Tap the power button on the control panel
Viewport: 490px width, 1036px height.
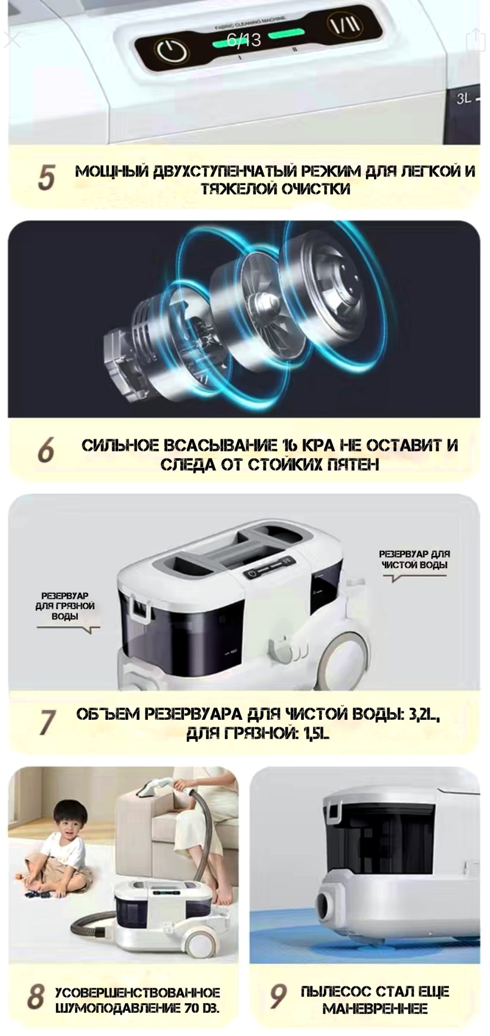172,51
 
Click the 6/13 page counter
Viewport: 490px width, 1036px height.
243,39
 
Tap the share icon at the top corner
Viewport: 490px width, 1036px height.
475,40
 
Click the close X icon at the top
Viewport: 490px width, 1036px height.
12,40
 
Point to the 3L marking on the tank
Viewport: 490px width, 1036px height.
464,99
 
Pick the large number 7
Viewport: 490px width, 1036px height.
47,722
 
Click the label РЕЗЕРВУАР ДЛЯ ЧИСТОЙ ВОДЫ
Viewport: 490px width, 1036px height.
414,560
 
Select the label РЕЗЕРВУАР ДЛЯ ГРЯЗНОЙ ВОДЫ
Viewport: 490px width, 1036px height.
69,606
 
